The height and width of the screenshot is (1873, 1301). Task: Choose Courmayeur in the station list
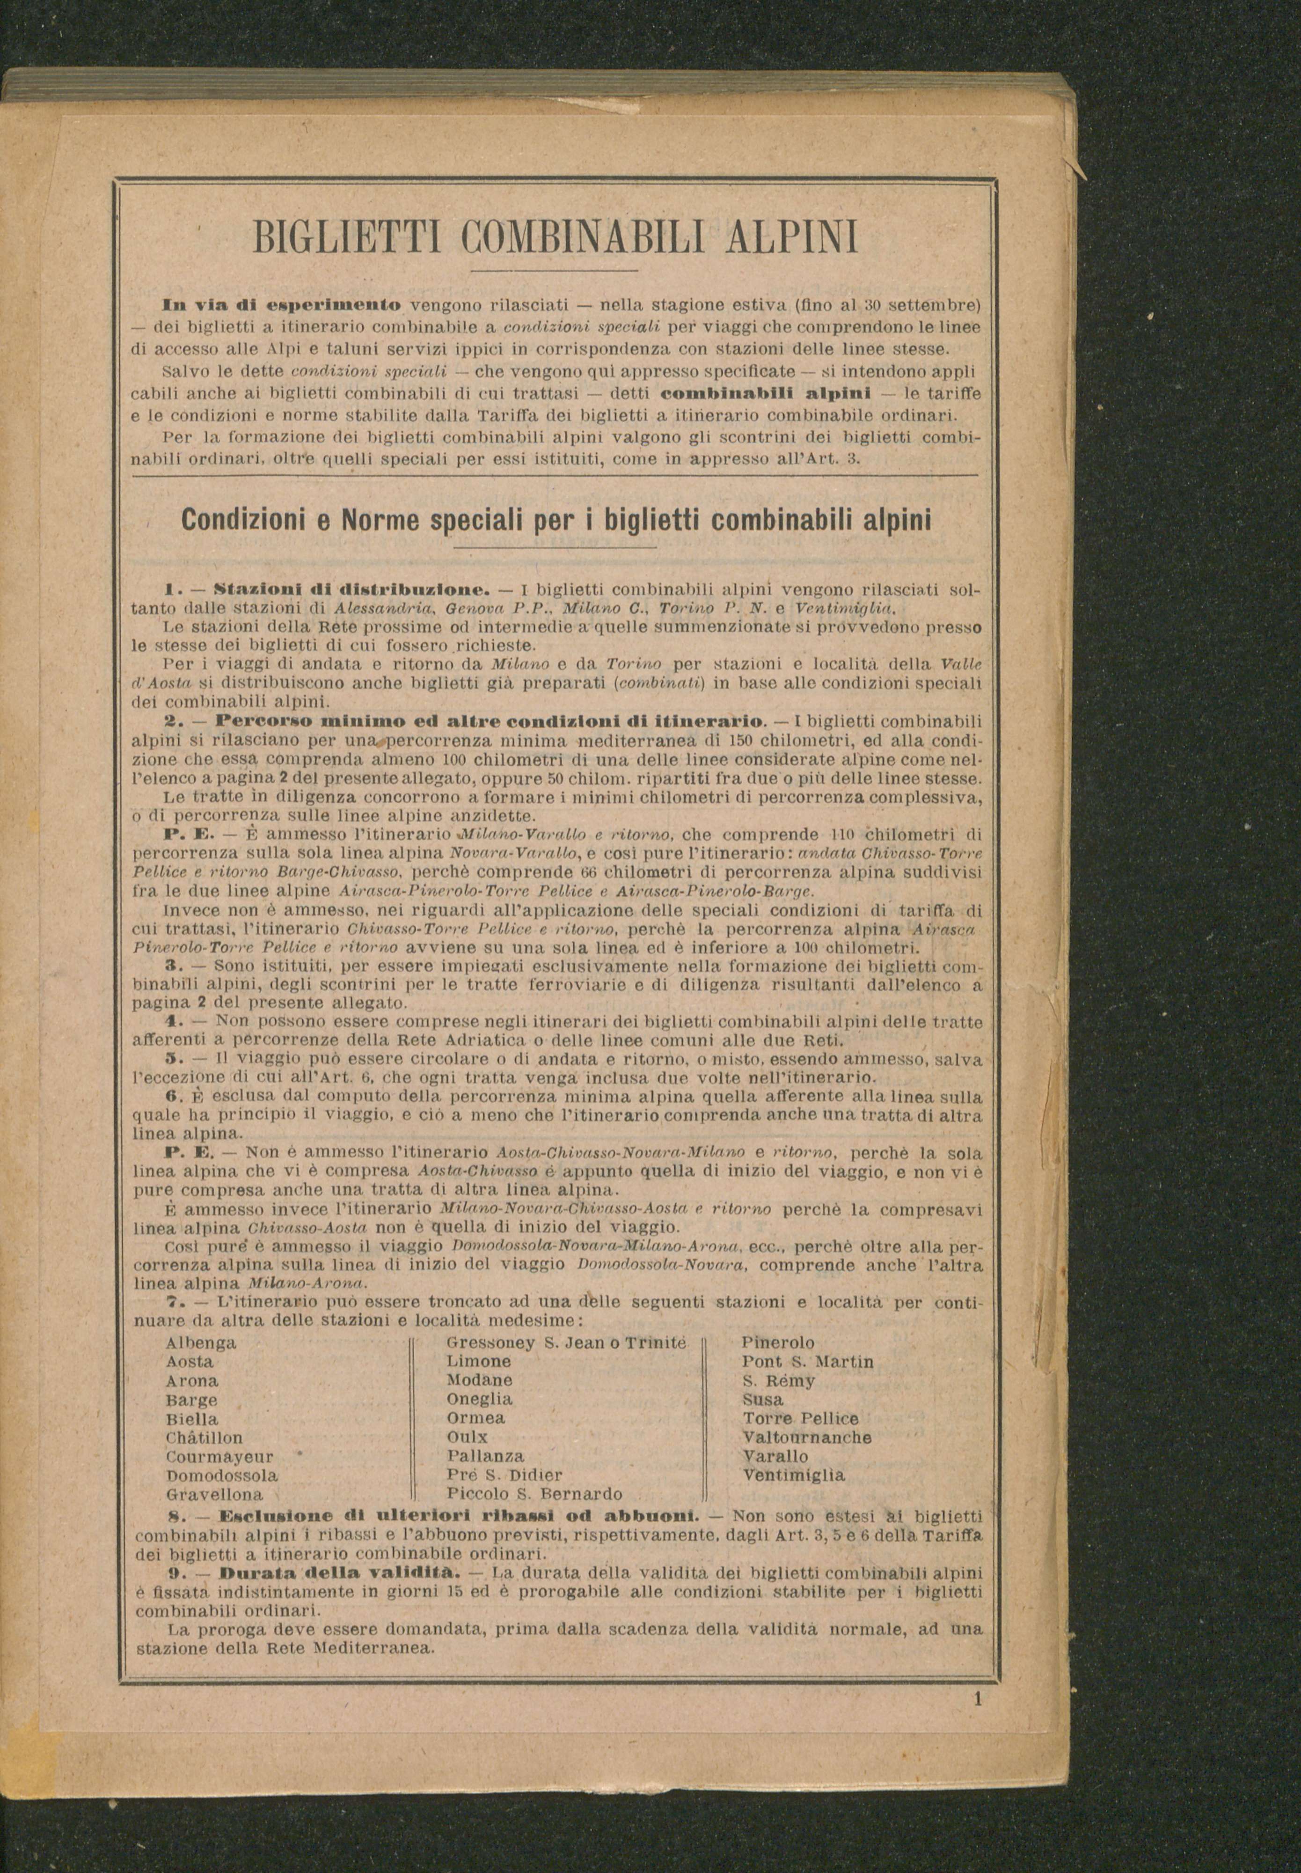[x=219, y=1456]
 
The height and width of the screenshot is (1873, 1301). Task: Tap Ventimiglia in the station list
[x=793, y=1475]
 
